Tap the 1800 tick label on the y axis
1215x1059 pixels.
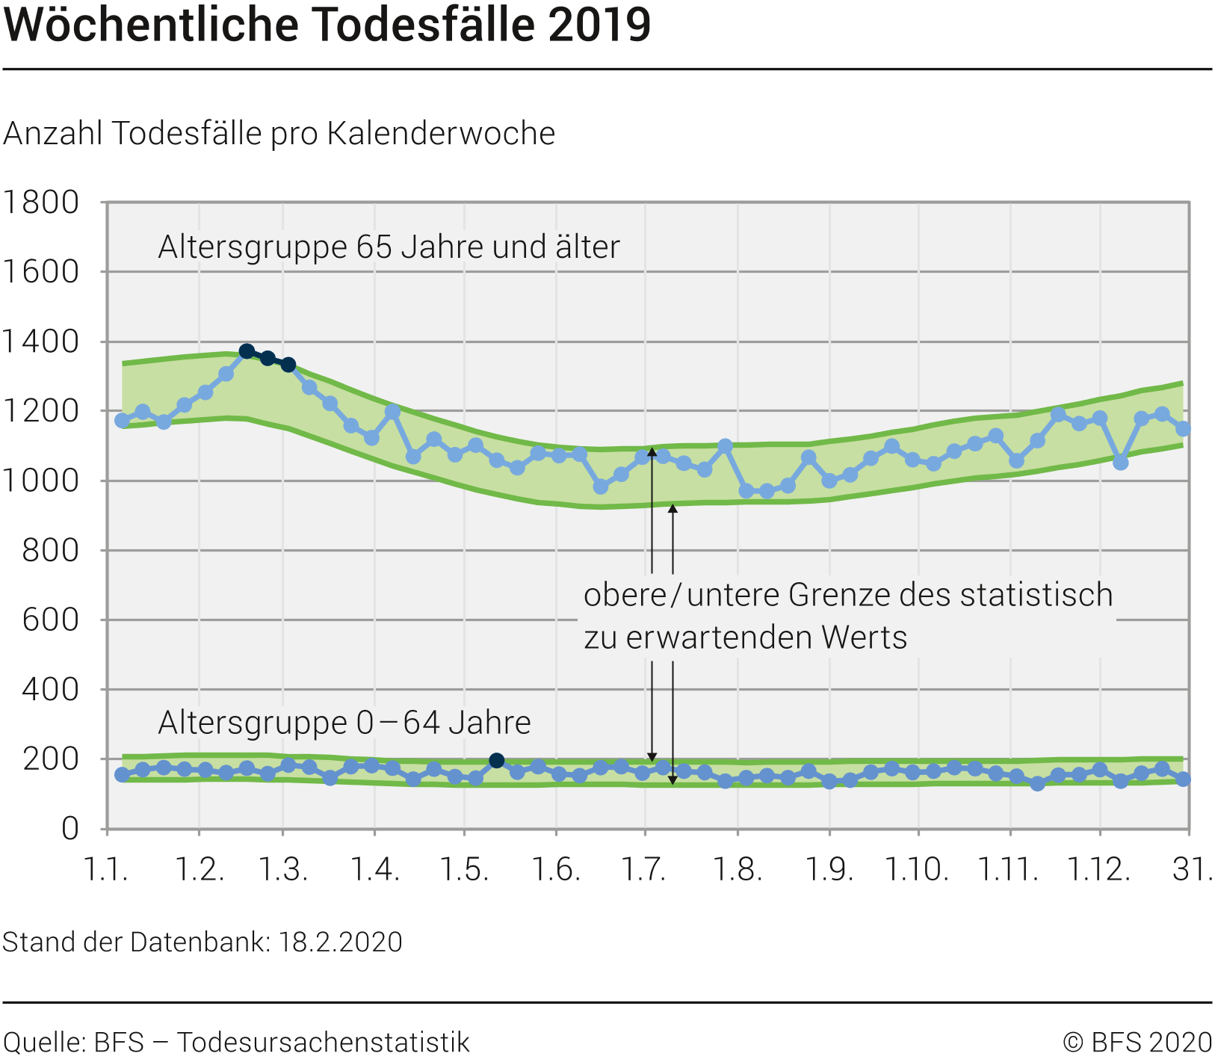tap(41, 203)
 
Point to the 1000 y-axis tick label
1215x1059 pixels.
tap(41, 481)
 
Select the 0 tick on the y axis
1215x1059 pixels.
tap(70, 829)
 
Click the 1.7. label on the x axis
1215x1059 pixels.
tap(645, 869)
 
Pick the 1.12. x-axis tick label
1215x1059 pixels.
tap(1098, 869)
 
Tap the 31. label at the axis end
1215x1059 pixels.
tap(1193, 869)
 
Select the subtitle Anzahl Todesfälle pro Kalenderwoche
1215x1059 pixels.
tap(279, 134)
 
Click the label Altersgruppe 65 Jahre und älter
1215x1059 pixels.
tap(389, 247)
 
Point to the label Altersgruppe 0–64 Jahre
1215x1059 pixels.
tap(344, 723)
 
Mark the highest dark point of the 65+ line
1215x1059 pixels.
tap(247, 351)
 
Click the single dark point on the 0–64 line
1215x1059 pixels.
tap(496, 761)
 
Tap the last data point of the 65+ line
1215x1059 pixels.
tap(1183, 429)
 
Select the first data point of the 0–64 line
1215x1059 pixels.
tap(122, 775)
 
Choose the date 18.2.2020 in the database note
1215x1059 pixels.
tap(341, 942)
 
